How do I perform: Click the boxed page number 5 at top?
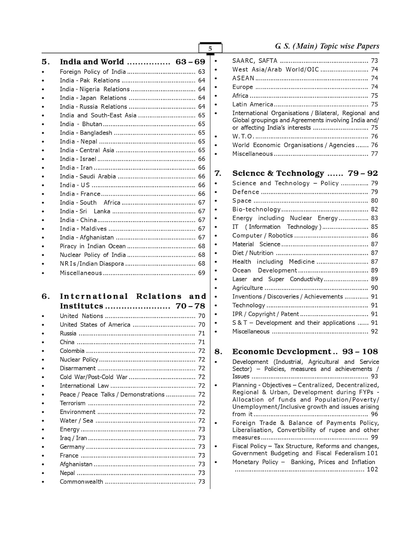point(210,49)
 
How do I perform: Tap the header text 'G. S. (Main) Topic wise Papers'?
point(327,46)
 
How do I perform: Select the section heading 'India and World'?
point(92,62)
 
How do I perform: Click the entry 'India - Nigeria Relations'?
point(95,89)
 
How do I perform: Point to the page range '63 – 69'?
point(190,62)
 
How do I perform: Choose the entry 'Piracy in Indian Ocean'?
point(92,246)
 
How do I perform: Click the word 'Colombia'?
point(72,351)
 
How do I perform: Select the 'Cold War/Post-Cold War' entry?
point(93,377)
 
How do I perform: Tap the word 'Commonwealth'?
point(81,481)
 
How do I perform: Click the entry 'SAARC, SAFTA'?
point(255,61)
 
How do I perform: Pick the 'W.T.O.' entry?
point(242,136)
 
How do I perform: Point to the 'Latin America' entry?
point(252,104)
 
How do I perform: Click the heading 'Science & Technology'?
point(278,173)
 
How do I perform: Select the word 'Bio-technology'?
point(256,209)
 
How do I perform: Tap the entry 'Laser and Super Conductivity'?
point(277,279)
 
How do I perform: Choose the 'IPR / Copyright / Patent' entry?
point(265,314)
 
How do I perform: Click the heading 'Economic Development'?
point(282,352)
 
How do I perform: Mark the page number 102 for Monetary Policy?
point(372,469)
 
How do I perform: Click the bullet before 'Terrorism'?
point(43,404)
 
